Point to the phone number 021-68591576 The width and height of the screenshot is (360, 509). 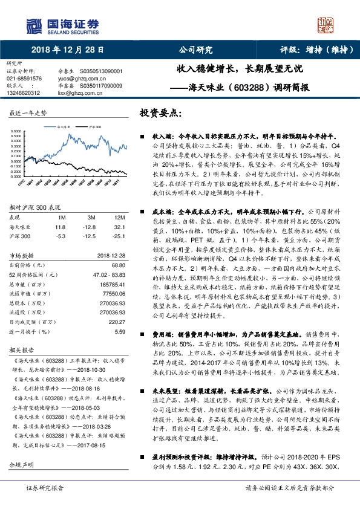pos(24,79)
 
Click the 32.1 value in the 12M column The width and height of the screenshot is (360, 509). pos(119,226)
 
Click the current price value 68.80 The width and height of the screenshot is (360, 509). pos(118,265)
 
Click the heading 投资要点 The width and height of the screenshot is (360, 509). pos(161,113)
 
